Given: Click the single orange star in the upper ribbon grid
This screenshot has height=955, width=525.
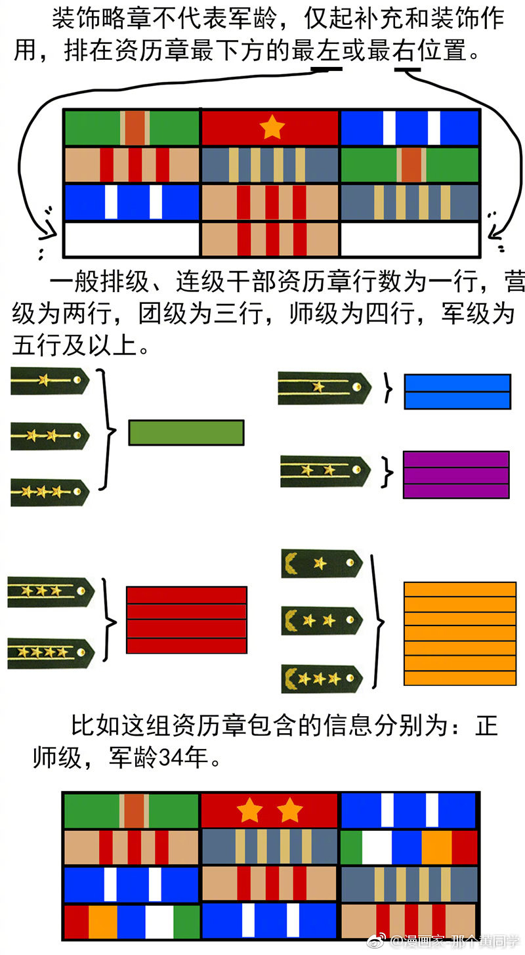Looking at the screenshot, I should [271, 128].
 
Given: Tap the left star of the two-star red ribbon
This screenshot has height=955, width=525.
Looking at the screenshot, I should [249, 811].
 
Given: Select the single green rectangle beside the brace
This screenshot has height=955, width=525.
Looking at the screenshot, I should [186, 433].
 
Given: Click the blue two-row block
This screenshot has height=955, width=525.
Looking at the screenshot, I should [457, 392].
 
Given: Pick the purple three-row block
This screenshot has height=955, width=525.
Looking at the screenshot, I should [456, 475].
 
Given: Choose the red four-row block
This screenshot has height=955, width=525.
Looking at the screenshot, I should [186, 620].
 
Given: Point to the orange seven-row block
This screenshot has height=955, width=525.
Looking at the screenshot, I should [459, 633].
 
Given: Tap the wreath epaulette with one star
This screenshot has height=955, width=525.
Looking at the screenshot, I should [322, 564].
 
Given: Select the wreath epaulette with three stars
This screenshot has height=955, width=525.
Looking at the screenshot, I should [322, 679].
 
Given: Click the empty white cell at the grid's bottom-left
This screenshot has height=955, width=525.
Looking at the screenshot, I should [131, 240].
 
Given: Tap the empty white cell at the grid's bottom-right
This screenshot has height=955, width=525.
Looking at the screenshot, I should [410, 240].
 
